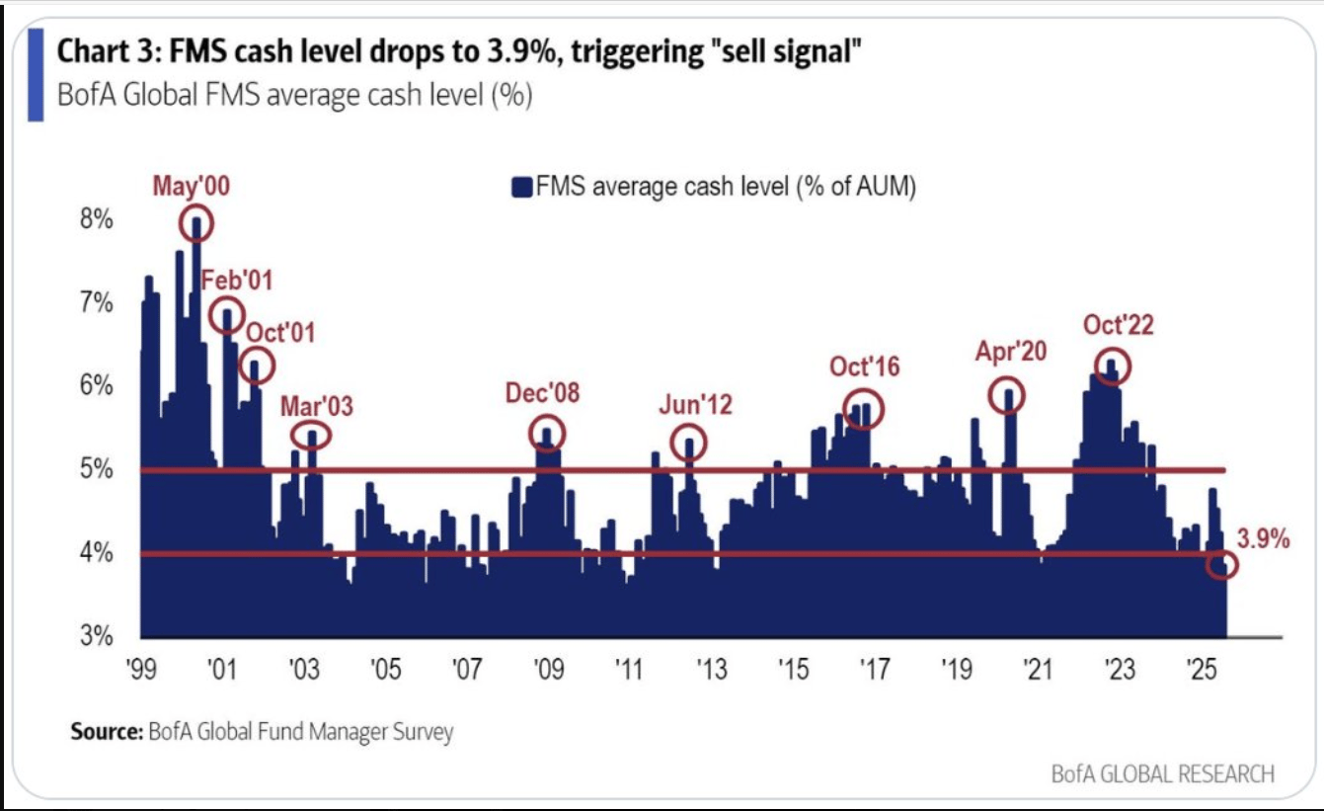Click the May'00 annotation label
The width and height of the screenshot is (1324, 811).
pyautogui.click(x=191, y=186)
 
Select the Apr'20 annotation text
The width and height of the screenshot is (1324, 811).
pyautogui.click(x=1011, y=352)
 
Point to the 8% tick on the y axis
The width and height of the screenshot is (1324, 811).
pyautogui.click(x=96, y=219)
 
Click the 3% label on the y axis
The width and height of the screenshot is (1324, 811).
pyautogui.click(x=96, y=635)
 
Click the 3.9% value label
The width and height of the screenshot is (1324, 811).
pyautogui.click(x=1263, y=539)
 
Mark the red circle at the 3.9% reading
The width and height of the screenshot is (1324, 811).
pyautogui.click(x=1222, y=565)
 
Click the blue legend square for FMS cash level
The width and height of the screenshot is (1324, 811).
pyautogui.click(x=521, y=187)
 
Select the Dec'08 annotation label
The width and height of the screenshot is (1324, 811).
pyautogui.click(x=542, y=393)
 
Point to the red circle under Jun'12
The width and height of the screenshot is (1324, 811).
pyautogui.click(x=689, y=442)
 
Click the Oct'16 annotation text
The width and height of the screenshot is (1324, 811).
pyautogui.click(x=865, y=367)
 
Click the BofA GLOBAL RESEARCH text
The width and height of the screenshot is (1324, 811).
pyautogui.click(x=1162, y=773)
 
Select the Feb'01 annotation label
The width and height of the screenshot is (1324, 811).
pyautogui.click(x=237, y=281)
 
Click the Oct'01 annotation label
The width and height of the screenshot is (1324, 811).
pyautogui.click(x=279, y=332)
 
